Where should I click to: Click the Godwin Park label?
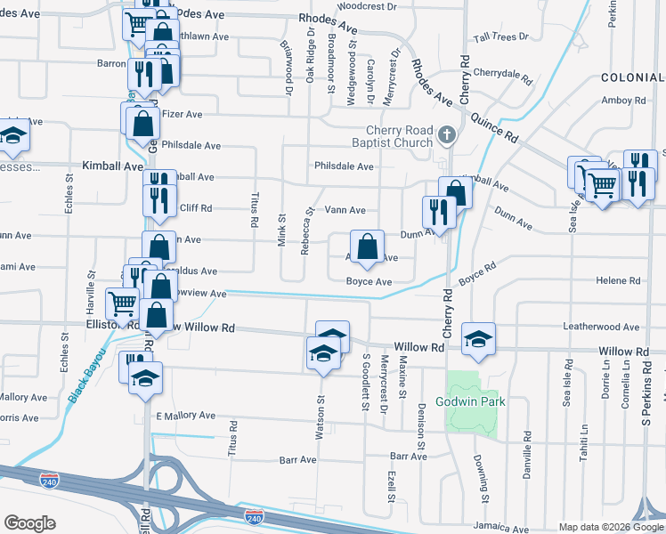[470, 401]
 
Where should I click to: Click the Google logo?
[29, 523]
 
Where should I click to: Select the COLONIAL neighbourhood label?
[632, 78]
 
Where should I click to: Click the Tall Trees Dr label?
[501, 37]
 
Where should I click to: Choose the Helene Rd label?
[619, 280]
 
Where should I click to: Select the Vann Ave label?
[345, 210]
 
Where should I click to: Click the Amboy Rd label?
[623, 101]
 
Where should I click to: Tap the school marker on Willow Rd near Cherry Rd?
[478, 338]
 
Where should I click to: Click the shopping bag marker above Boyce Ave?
[367, 247]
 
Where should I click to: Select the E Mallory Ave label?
[185, 415]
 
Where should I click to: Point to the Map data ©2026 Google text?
[611, 527]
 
